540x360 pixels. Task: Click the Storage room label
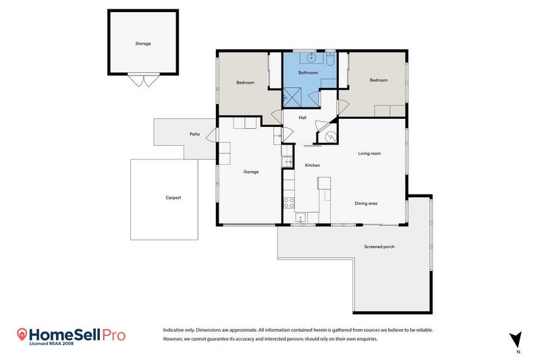[143, 44]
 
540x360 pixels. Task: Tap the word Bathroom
[308, 73]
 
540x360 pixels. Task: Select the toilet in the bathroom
[330, 59]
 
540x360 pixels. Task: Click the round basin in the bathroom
[312, 57]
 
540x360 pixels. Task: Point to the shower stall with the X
[292, 97]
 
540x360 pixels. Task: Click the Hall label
[302, 118]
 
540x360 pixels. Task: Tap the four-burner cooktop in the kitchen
[289, 203]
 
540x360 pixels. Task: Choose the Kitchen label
[313, 165]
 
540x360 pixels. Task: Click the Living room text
[369, 153]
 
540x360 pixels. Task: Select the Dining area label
[366, 203]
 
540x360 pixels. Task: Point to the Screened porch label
[379, 247]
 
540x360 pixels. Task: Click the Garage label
[251, 172]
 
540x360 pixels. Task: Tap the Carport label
[173, 198]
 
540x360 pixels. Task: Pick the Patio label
[194, 134]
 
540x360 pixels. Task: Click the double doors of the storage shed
[144, 80]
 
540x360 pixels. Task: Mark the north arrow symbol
[516, 340]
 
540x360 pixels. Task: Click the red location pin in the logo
[22, 334]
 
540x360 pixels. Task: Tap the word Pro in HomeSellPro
[113, 335]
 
